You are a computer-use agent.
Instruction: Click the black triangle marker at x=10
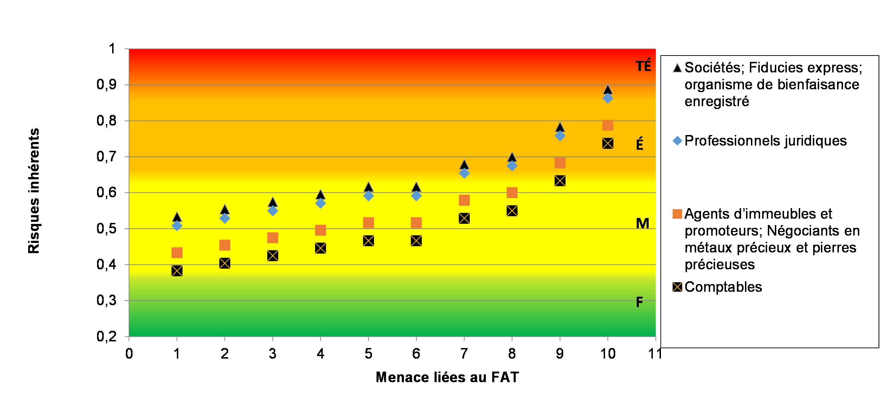[x=608, y=90]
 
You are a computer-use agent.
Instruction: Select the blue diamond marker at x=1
[x=177, y=225]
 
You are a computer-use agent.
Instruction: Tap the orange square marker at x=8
[x=512, y=193]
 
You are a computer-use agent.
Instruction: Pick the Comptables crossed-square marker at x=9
[x=560, y=181]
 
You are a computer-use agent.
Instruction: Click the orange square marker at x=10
[x=608, y=125]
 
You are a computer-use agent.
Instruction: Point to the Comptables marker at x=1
[x=177, y=271]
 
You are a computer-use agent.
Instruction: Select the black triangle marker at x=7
[x=464, y=165]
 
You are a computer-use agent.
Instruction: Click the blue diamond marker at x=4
[x=320, y=203]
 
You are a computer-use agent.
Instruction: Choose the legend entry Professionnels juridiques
[x=765, y=141]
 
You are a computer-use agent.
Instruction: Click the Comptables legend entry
[x=723, y=287]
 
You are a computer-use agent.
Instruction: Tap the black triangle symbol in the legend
[x=677, y=67]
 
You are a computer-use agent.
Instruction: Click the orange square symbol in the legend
[x=677, y=214]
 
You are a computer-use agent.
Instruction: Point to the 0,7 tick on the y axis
[x=107, y=157]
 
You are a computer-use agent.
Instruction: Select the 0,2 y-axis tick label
[x=107, y=337]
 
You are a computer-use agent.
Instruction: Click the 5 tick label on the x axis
[x=368, y=354]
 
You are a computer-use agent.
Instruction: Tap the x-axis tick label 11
[x=655, y=354]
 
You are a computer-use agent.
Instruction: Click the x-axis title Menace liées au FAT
[x=447, y=377]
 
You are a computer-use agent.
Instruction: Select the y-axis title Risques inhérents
[x=34, y=191]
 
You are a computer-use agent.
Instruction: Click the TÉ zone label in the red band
[x=643, y=66]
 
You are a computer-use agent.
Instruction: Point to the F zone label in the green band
[x=639, y=302]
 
